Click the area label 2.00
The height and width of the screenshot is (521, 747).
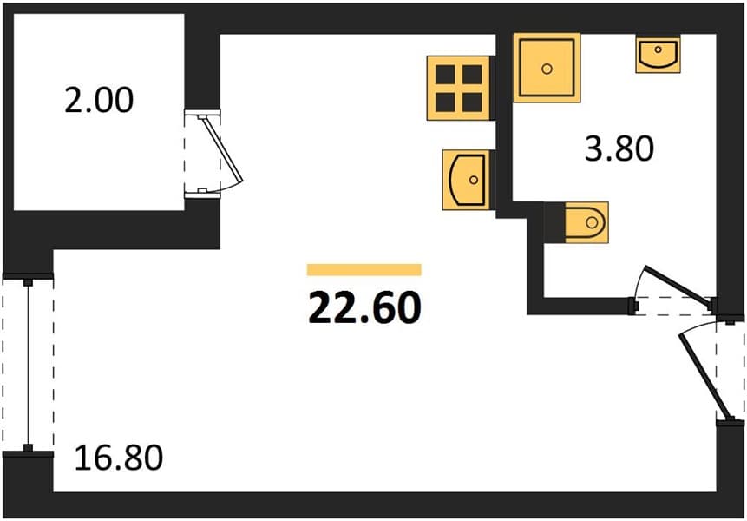(x=99, y=100)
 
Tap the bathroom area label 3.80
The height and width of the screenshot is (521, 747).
(x=619, y=148)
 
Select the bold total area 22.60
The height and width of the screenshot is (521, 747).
(x=365, y=308)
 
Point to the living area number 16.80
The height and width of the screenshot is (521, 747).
(x=119, y=458)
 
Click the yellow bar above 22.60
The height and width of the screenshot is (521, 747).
(x=364, y=270)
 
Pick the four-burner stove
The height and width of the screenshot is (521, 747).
(x=459, y=89)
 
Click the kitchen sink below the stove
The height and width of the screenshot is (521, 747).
(x=467, y=180)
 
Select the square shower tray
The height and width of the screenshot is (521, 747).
(x=547, y=68)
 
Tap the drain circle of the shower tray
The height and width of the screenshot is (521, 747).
(x=547, y=69)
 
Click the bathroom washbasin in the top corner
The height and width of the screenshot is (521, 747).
(x=658, y=55)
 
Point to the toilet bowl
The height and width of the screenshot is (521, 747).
(x=586, y=222)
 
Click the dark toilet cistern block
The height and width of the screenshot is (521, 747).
(x=555, y=222)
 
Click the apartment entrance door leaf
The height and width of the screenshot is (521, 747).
(x=704, y=376)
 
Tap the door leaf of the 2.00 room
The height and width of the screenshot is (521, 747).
(x=222, y=149)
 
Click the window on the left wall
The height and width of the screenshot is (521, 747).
(x=28, y=365)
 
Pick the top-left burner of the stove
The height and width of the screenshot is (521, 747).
(x=445, y=75)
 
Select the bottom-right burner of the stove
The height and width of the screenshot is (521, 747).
(x=473, y=102)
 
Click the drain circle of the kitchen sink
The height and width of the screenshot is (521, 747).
(x=473, y=180)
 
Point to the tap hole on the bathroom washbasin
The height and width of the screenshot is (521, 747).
(x=658, y=49)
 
